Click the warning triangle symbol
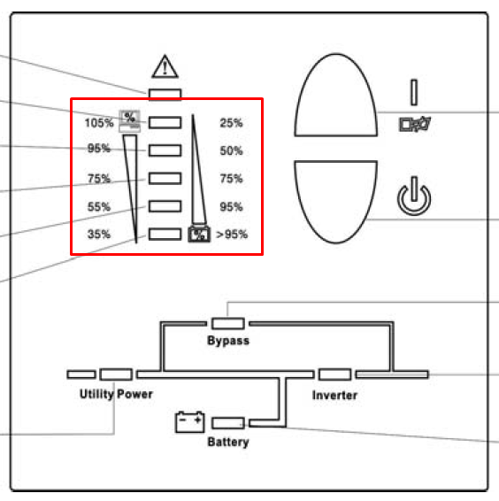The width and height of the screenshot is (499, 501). point(165,66)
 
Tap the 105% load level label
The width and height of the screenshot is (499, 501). point(99,123)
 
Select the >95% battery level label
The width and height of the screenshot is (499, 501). point(232,235)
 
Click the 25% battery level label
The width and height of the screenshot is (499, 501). point(231,123)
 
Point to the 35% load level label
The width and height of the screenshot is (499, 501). point(99,235)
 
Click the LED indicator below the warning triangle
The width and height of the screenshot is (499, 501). point(165,94)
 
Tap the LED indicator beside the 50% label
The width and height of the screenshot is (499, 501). point(165,150)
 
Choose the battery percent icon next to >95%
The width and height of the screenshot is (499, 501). point(199,234)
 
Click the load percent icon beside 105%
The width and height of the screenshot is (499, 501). point(129,120)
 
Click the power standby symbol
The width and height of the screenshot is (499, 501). point(414,196)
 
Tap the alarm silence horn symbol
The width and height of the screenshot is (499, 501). point(415,124)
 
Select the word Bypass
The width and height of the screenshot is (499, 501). point(228,341)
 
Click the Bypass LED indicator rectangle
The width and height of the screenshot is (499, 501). point(228,323)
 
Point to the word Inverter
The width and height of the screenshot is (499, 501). point(334,396)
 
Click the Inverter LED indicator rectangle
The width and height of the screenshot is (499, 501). point(334,374)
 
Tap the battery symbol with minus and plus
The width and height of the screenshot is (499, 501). point(190,421)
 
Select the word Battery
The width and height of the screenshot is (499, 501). point(228,442)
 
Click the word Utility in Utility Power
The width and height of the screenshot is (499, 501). point(96,394)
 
